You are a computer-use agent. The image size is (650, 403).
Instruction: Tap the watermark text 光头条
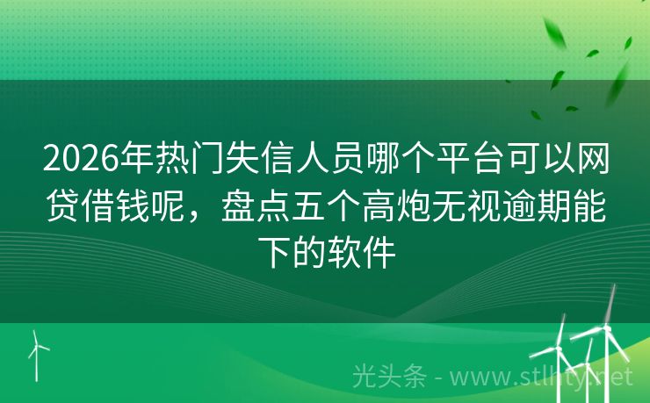click(388, 377)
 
